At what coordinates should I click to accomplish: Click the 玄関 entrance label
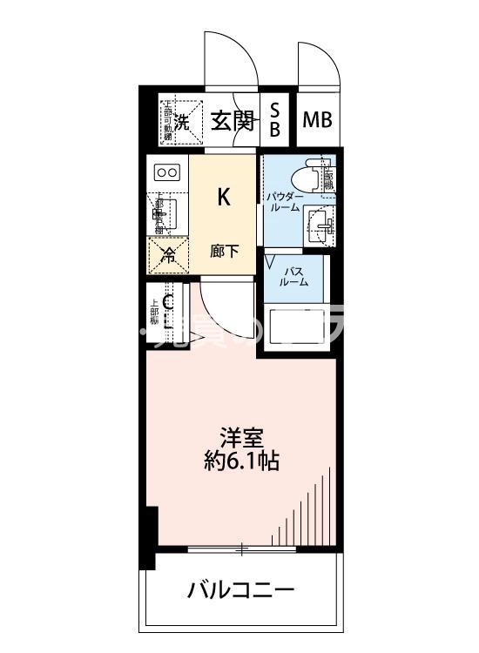point(233,120)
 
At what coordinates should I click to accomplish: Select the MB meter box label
point(317,120)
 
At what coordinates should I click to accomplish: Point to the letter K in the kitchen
point(224,197)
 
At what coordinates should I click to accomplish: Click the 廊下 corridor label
point(224,252)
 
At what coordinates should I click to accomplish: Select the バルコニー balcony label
point(241,592)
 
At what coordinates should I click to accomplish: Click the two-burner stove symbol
point(166,172)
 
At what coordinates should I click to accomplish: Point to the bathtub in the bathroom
point(300,327)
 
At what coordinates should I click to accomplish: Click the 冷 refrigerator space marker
point(168,255)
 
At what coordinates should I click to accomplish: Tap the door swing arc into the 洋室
point(218,309)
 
